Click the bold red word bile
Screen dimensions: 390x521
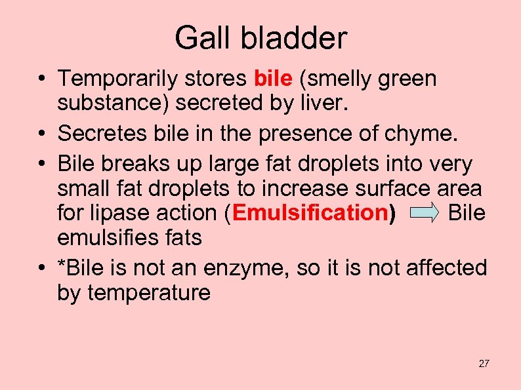(x=272, y=79)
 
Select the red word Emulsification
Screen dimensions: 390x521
(x=310, y=213)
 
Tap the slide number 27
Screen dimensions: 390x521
(x=484, y=363)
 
